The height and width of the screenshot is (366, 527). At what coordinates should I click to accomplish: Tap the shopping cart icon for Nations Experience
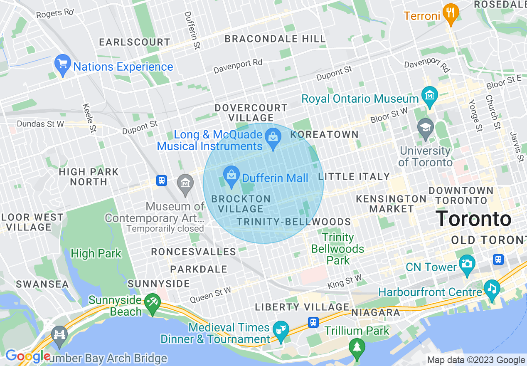(x=63, y=64)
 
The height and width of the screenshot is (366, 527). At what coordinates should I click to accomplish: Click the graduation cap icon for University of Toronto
(x=426, y=128)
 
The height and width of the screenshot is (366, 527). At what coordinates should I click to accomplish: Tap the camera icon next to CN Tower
(x=467, y=265)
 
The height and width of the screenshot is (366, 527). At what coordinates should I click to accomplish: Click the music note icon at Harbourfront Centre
(x=492, y=288)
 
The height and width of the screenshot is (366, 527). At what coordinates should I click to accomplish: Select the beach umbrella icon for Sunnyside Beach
(x=150, y=302)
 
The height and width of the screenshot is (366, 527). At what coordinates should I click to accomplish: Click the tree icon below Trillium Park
(x=357, y=347)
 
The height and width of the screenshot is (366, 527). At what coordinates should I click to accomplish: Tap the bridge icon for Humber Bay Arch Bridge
(x=59, y=335)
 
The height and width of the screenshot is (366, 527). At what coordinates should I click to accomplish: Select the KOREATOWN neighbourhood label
(x=324, y=134)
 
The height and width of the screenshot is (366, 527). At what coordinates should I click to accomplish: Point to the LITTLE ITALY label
(x=354, y=177)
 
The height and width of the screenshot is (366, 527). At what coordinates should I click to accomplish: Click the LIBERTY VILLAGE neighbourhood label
(x=302, y=307)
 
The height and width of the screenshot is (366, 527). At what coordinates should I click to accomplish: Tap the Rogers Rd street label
(x=55, y=13)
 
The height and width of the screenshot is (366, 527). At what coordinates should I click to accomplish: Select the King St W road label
(x=345, y=281)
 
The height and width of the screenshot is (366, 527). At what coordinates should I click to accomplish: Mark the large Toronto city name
(x=474, y=218)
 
